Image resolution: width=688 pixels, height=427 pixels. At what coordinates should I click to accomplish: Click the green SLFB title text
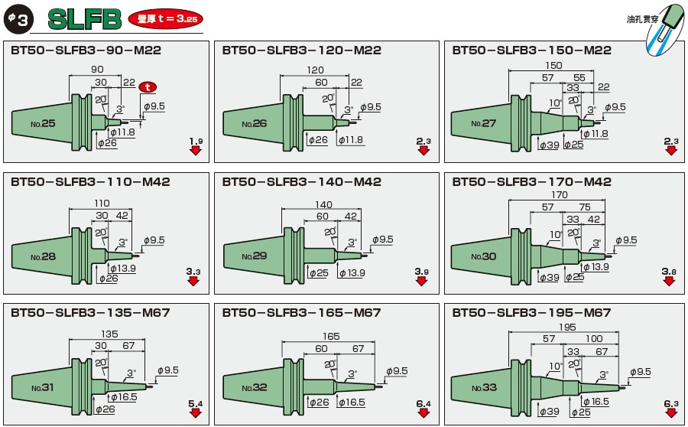(x=84, y=19)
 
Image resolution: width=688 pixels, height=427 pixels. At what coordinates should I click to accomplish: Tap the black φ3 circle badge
(x=18, y=20)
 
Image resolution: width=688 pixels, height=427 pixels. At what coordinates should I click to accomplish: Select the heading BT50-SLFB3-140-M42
(x=302, y=182)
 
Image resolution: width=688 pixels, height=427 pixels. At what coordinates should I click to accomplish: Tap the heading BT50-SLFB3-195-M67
(x=531, y=313)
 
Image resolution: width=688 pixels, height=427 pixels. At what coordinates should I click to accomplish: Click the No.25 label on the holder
(x=43, y=122)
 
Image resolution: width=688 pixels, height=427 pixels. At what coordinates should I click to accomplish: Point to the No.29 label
(x=255, y=255)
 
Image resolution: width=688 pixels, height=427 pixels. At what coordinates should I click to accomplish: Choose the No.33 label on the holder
(x=484, y=387)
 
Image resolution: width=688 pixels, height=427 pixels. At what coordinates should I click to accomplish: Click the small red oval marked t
(x=151, y=86)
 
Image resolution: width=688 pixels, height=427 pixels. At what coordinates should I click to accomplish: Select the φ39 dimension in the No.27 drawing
(x=549, y=144)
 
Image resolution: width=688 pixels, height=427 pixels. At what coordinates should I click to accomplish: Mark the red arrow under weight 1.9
(x=196, y=151)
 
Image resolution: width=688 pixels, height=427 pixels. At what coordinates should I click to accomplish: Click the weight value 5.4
(x=195, y=402)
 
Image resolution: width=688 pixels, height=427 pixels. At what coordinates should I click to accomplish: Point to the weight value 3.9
(x=422, y=272)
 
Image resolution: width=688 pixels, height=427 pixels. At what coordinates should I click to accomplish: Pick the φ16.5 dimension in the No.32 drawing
(x=352, y=403)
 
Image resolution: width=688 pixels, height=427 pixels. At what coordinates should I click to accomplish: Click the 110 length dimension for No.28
(x=100, y=203)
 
